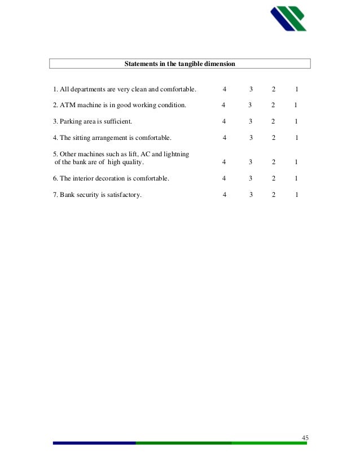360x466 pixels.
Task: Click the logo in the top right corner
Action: tap(288, 18)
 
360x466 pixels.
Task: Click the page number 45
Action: tap(305, 438)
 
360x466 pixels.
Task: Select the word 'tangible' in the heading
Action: tap(187, 64)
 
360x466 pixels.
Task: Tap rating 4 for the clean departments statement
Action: tap(225, 89)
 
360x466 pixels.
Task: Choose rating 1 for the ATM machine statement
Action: tap(296, 105)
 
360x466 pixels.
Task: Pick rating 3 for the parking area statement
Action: tap(250, 121)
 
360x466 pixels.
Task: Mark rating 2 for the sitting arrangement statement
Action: tap(273, 138)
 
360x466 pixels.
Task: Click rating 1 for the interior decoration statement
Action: tap(296, 178)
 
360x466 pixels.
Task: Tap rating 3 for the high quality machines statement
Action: tap(250, 162)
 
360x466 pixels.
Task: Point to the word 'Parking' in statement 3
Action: tap(72, 121)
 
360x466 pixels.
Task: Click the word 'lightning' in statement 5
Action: tap(176, 154)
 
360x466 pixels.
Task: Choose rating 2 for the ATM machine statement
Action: tap(273, 105)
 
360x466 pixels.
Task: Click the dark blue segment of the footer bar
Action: tap(94, 443)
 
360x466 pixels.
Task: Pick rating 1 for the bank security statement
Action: tap(296, 195)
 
